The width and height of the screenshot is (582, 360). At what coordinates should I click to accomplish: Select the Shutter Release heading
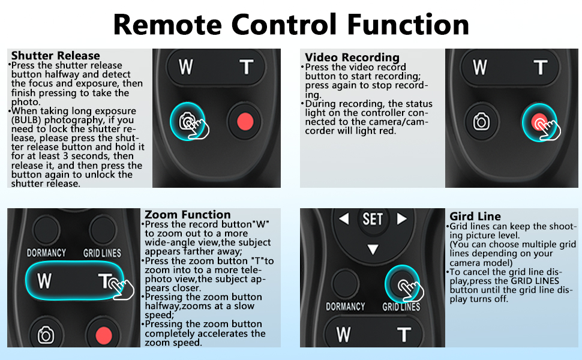click(x=55, y=56)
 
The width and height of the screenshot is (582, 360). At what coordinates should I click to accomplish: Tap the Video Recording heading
click(x=352, y=58)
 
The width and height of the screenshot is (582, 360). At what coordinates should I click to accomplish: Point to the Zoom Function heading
click(x=188, y=214)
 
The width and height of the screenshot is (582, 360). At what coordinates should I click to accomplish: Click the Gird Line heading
click(x=475, y=216)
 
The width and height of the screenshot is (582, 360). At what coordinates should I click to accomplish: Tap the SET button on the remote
click(x=373, y=219)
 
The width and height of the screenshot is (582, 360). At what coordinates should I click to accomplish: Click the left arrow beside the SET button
click(x=344, y=219)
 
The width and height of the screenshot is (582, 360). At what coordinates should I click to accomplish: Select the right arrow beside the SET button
click(x=401, y=219)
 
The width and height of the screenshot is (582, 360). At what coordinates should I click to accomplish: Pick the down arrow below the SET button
click(x=373, y=248)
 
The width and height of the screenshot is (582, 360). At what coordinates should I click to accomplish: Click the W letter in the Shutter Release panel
click(x=186, y=67)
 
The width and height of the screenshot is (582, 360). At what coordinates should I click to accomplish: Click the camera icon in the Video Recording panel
click(x=481, y=122)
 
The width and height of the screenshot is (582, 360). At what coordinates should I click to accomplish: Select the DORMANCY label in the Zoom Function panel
click(x=46, y=253)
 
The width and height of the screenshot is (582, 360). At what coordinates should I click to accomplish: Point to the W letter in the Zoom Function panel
click(x=44, y=281)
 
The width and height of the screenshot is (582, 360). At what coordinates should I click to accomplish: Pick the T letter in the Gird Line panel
click(x=403, y=334)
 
